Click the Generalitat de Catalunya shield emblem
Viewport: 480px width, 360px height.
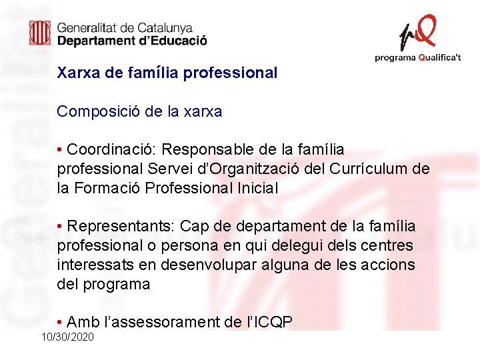(x=40, y=33)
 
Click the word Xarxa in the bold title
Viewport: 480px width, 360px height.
(x=79, y=73)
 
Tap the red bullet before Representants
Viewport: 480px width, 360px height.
(x=60, y=227)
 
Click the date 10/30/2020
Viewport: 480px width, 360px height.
(x=67, y=337)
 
